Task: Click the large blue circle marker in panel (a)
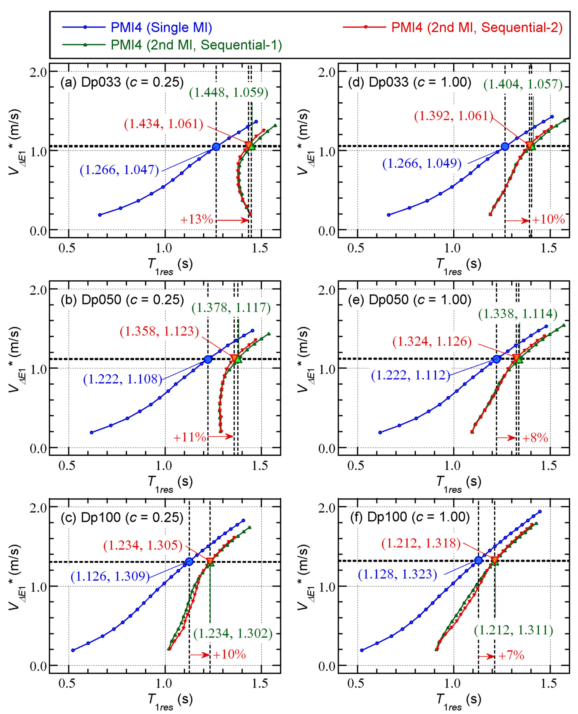(216, 147)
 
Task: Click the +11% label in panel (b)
(189, 437)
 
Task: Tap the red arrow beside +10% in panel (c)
(200, 655)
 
